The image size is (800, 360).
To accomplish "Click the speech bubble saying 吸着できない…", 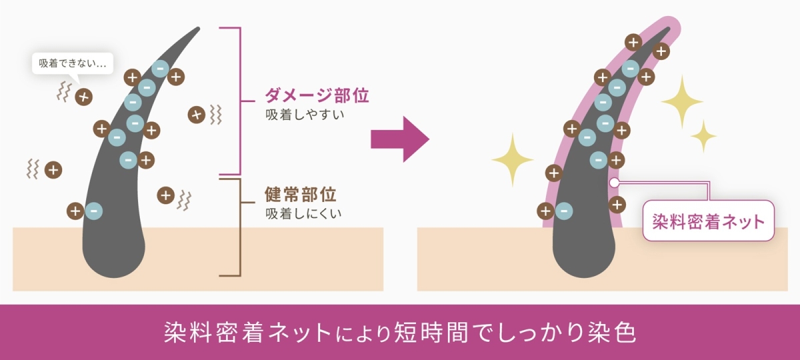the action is coord(73,63).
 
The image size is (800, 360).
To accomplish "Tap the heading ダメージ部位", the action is coord(317,95).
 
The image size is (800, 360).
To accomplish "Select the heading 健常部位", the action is coord(301,194).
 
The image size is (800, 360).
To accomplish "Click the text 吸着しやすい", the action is coord(305,115).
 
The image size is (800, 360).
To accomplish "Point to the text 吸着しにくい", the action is coord(303,213).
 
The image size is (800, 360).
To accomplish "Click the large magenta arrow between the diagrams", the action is coord(400,139).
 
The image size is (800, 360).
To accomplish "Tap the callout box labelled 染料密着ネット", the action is coord(708,221).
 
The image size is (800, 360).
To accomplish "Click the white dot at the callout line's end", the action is coord(614,183).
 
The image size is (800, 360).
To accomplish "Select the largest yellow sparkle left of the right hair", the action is coord(513,160).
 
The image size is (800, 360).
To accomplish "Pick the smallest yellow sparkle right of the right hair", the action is coord(703,136).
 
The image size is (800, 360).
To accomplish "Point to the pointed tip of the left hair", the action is coord(197,29).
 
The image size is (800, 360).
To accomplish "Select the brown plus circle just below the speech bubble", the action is coord(83,97).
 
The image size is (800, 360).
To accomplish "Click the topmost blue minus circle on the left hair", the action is coord(160,69).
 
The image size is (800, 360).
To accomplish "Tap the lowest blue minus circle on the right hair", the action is coord(564,211).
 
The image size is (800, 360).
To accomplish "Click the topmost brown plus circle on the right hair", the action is coord(633,43).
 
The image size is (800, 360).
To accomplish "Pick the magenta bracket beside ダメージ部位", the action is coord(241,101).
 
